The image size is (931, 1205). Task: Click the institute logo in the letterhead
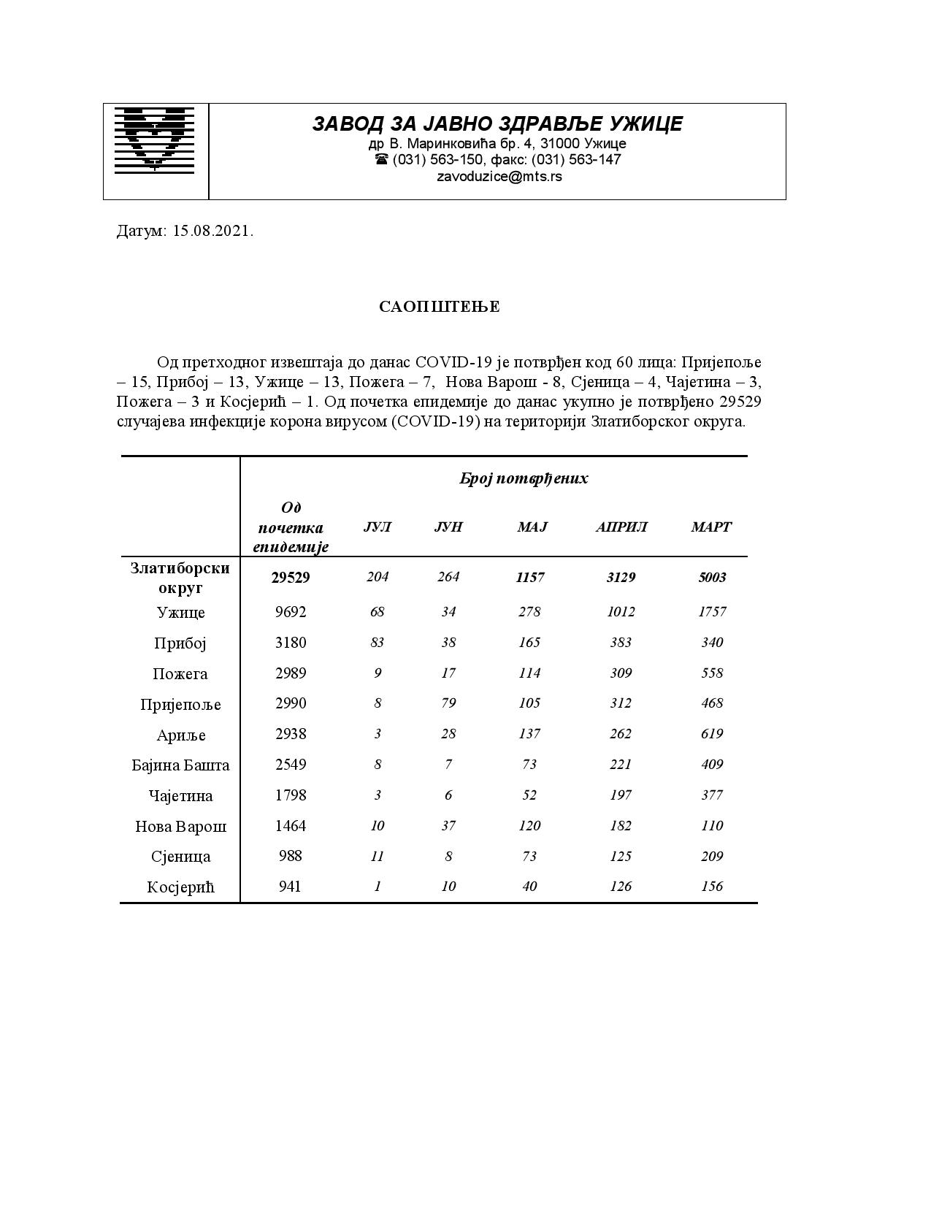tap(155, 140)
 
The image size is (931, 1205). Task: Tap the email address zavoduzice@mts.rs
tap(499, 177)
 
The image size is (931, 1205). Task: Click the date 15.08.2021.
tap(213, 232)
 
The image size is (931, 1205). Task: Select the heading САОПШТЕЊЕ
tap(440, 307)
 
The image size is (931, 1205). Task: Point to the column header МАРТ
tap(711, 527)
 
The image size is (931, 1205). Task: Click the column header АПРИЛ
tap(621, 527)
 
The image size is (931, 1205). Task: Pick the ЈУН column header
tap(448, 527)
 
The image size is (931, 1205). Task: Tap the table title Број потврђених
tap(524, 478)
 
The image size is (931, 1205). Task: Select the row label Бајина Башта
tap(180, 765)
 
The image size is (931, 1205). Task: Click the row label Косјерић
tap(180, 887)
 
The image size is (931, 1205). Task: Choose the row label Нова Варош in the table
tap(180, 827)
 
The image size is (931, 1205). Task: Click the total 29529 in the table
tap(291, 578)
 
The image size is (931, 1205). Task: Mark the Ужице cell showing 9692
tap(291, 612)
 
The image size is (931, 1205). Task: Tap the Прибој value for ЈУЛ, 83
tap(377, 643)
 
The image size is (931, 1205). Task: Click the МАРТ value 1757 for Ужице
tap(712, 612)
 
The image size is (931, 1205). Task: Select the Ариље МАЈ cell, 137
tap(529, 734)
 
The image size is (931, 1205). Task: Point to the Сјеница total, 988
tap(291, 856)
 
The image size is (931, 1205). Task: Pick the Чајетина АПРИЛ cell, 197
tap(621, 795)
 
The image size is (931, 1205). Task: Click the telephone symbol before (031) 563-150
tap(381, 159)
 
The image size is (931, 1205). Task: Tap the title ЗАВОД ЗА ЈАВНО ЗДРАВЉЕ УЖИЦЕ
tap(497, 123)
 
